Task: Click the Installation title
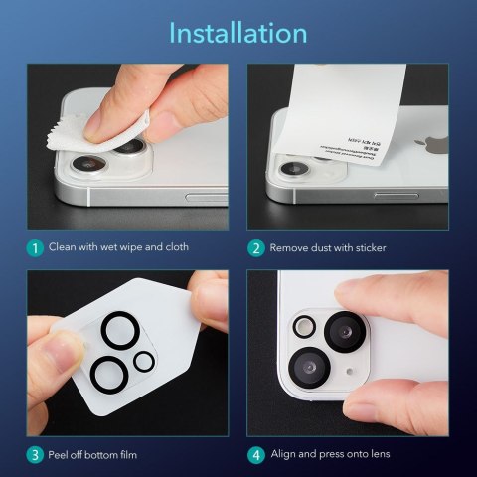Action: [x=238, y=32]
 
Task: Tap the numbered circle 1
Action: [x=35, y=246]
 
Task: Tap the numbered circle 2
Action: [x=255, y=246]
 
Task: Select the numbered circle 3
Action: [x=35, y=454]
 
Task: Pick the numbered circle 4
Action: [x=255, y=454]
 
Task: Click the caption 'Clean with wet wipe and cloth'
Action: [x=118, y=246]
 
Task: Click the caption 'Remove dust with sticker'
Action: [x=328, y=246]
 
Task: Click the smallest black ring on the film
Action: [x=144, y=361]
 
